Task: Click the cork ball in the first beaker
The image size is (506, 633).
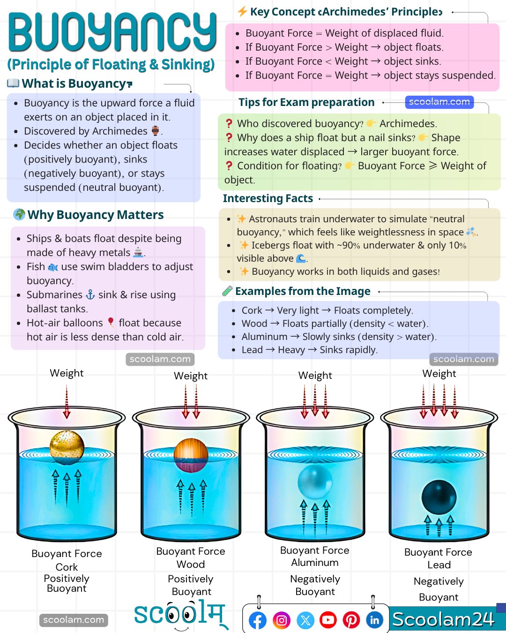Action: [67, 447]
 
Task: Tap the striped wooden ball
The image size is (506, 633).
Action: [191, 455]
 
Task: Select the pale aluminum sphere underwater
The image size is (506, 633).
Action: [315, 482]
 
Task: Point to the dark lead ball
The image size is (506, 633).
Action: [439, 497]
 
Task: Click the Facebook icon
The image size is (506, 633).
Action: [258, 620]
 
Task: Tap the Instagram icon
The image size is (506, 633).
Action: [282, 620]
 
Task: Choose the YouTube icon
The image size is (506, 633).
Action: [328, 620]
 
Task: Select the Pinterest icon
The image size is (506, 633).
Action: [351, 620]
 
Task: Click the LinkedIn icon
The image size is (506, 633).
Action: [374, 620]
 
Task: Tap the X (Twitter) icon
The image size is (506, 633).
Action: [305, 620]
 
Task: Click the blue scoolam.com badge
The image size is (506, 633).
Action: [439, 102]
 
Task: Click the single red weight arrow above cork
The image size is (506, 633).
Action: [67, 402]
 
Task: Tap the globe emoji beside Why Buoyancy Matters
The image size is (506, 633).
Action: [19, 214]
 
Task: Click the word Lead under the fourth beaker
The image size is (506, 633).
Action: [439, 565]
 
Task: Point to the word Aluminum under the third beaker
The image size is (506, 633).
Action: [314, 562]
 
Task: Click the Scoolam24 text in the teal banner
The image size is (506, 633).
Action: [443, 619]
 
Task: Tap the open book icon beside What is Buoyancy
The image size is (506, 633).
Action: [13, 83]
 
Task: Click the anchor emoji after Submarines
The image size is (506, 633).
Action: [90, 295]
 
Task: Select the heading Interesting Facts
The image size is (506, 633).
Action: [268, 198]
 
